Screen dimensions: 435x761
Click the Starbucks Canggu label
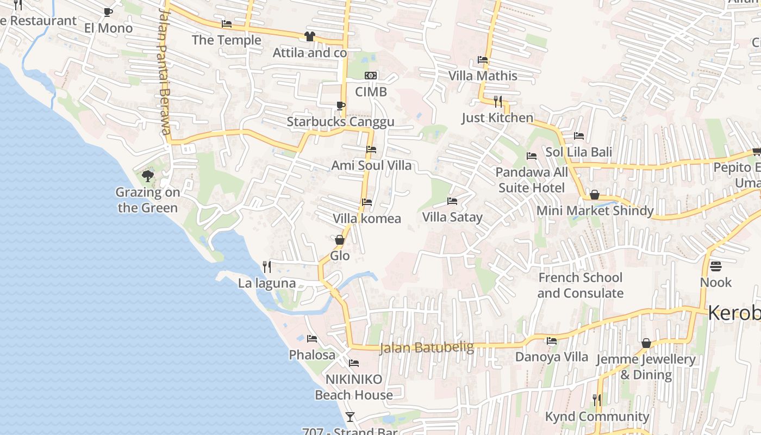(340, 121)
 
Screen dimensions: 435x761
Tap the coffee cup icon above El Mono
(108, 12)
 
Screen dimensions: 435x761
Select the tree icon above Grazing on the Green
(147, 176)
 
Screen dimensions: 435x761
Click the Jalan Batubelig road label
(427, 347)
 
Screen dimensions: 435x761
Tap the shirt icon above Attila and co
(309, 36)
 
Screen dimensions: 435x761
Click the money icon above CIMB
(371, 76)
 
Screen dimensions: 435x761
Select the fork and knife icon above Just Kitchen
(497, 101)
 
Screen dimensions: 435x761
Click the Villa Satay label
(452, 217)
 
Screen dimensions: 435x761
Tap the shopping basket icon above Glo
(340, 240)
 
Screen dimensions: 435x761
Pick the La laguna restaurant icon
(267, 266)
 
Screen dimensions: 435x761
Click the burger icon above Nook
(715, 266)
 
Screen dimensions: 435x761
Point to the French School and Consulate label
(580, 285)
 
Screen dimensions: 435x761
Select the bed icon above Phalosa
(312, 338)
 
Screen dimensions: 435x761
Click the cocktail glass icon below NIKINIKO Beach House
(350, 417)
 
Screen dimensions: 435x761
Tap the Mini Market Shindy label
(595, 210)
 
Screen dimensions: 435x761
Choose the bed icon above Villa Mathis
(483, 59)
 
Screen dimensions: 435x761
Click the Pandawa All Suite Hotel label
(532, 180)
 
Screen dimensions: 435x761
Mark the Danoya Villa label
(551, 357)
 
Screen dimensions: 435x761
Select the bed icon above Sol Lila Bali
(579, 135)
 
